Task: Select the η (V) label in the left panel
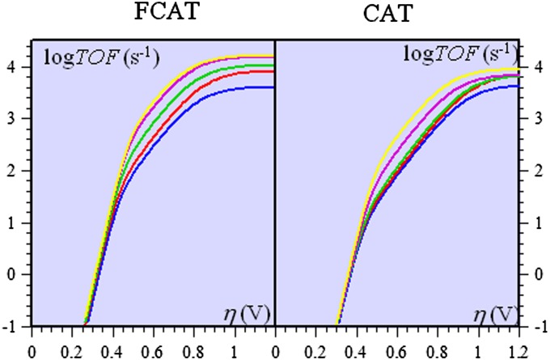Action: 247,311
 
